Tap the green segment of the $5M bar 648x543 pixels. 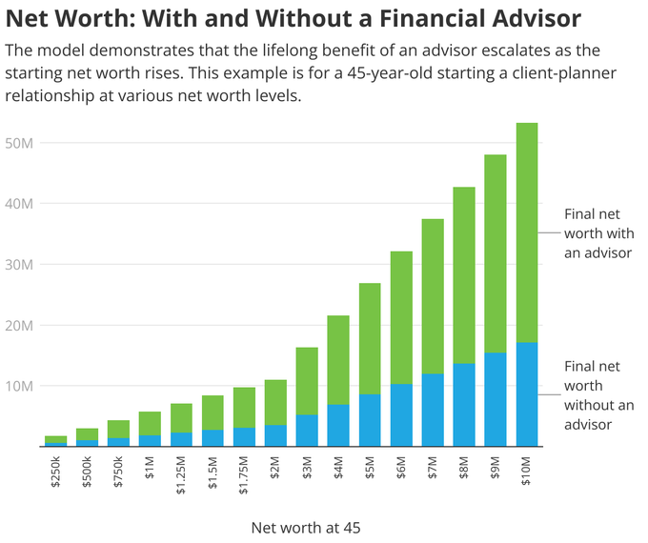coord(370,338)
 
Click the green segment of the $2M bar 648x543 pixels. coord(275,402)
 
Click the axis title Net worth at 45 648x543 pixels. coord(306,527)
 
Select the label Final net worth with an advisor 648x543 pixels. coord(597,233)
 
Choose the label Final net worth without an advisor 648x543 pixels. coord(598,394)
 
